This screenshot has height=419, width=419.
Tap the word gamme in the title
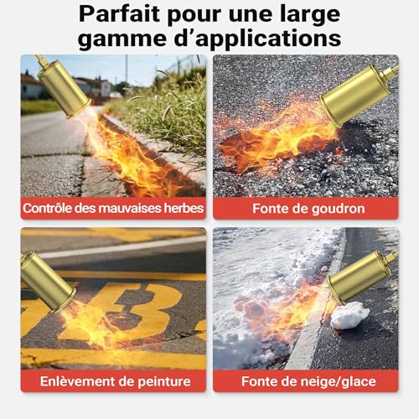tap(120, 39)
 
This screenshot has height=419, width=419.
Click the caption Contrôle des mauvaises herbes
tap(113, 208)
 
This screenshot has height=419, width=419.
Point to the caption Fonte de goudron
tap(305, 208)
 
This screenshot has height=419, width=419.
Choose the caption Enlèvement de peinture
tap(113, 380)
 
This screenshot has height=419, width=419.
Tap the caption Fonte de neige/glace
tap(305, 380)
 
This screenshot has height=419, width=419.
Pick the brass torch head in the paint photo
tap(46, 281)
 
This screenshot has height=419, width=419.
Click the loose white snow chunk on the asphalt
tap(349, 315)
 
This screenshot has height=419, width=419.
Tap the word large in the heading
tap(315, 14)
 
